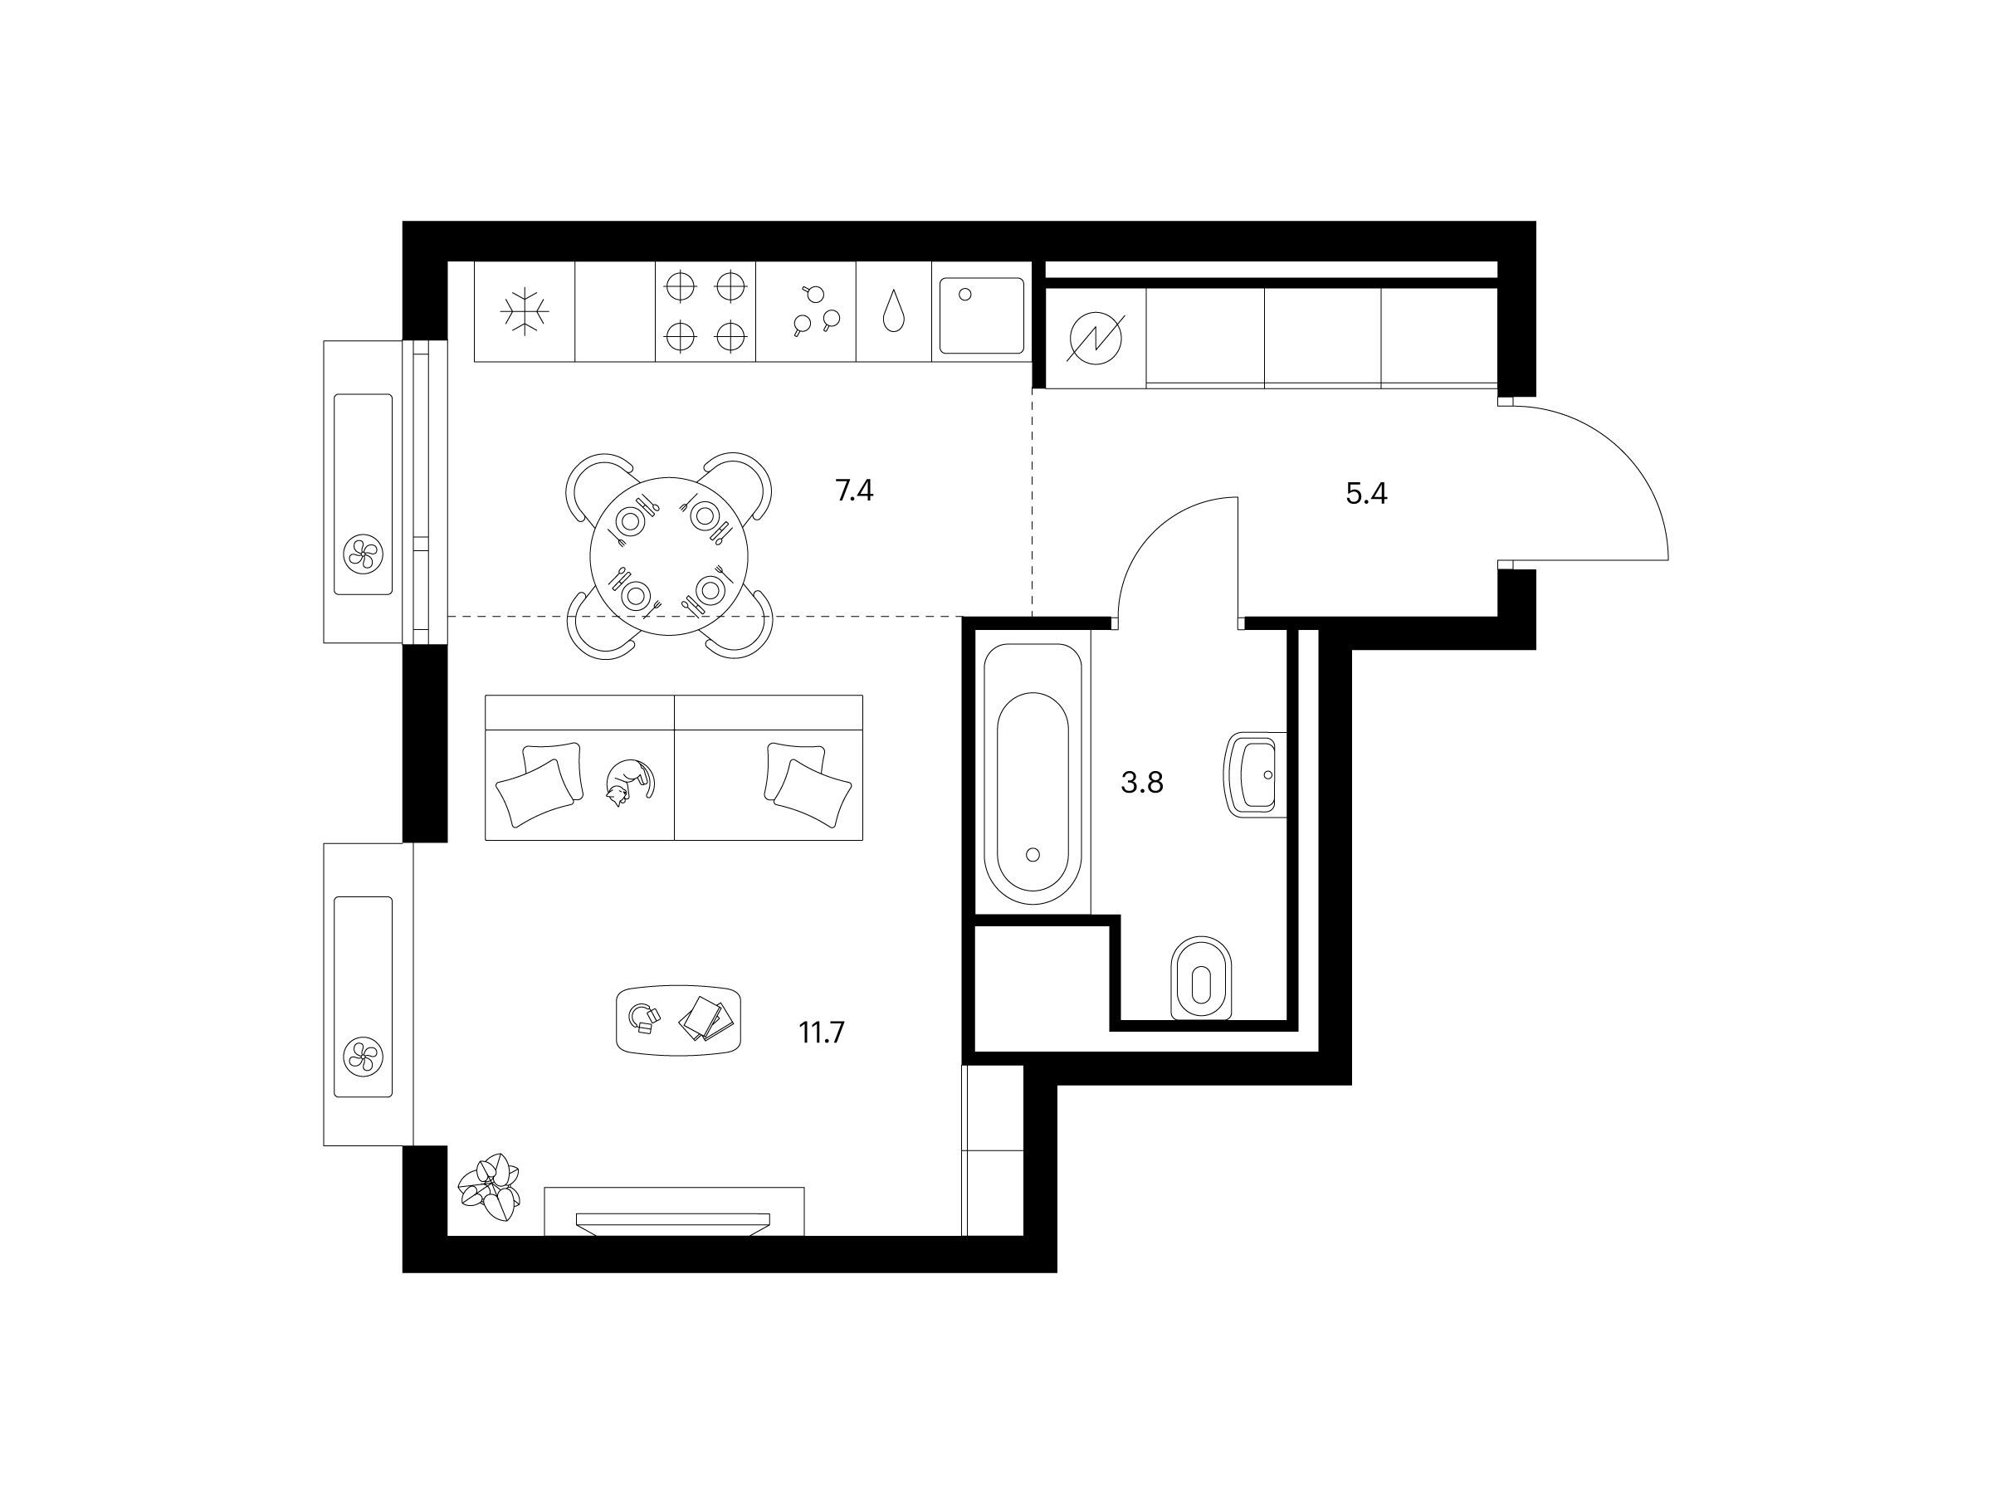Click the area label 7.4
coord(854,491)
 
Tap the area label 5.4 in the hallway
coord(1366,494)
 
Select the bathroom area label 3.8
coord(1142,783)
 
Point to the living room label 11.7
coord(822,1032)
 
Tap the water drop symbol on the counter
coord(893,310)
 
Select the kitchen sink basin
coord(982,315)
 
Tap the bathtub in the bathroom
coord(1033,774)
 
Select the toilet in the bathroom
coord(1200,979)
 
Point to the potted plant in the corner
coord(490,1187)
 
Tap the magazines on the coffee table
coord(706,1018)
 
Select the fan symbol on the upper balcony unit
coord(363,553)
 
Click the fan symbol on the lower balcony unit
coord(363,1056)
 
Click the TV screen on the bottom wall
coord(672,1223)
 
